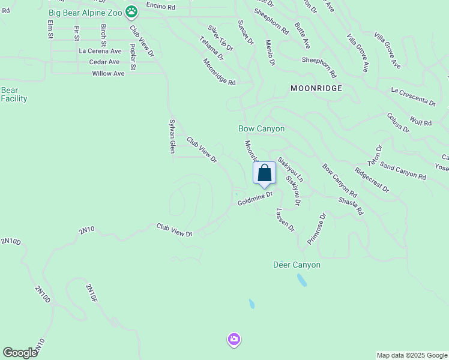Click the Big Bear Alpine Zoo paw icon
tap(131, 11)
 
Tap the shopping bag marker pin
tap(265, 173)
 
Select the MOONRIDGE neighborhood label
tap(316, 88)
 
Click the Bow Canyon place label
tap(261, 128)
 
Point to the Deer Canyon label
tap(297, 265)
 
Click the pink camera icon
tap(234, 340)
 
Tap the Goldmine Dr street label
tap(255, 198)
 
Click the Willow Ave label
tap(108, 73)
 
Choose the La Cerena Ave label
tap(100, 51)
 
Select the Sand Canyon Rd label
tap(403, 173)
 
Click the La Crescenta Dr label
tap(412, 96)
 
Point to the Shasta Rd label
tap(351, 206)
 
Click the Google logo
tap(20, 353)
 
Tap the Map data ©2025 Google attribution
tap(412, 355)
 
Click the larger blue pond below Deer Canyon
tap(301, 280)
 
